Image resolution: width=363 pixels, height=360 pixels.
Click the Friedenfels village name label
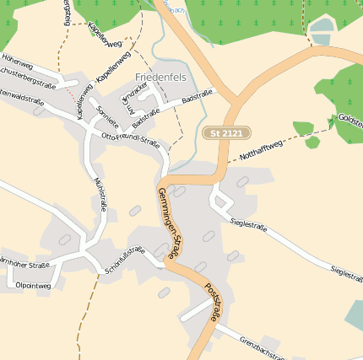click(x=161, y=78)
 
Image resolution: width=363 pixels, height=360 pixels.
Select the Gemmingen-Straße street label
click(x=170, y=222)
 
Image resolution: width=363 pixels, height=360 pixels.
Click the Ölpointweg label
click(x=33, y=286)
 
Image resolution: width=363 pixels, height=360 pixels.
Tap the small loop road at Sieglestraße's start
click(x=221, y=200)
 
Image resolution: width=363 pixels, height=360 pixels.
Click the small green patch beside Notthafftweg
click(x=312, y=142)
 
